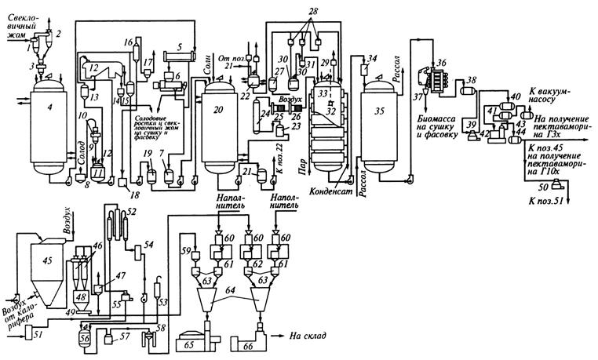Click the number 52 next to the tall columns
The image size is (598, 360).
132,213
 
